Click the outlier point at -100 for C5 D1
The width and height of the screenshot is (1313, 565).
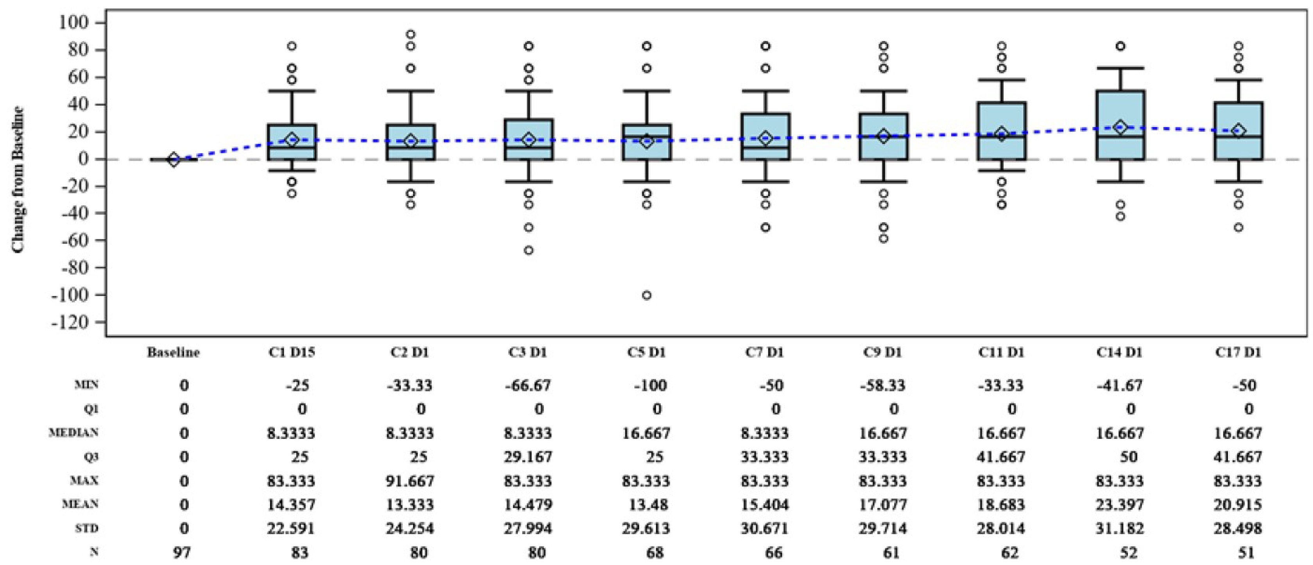(x=646, y=295)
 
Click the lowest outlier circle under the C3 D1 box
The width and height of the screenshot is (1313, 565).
(x=529, y=250)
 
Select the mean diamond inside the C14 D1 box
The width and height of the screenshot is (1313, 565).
(x=1120, y=127)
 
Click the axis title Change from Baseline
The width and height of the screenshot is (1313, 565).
(x=18, y=179)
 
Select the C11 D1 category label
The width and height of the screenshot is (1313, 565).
(x=1001, y=353)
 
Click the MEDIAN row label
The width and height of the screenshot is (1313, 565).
(x=73, y=433)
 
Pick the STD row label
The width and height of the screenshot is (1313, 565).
(x=87, y=528)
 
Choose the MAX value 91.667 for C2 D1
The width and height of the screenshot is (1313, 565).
(x=410, y=481)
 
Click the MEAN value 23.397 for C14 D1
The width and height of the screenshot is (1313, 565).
(x=1120, y=505)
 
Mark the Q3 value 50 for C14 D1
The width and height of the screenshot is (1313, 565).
(x=1128, y=457)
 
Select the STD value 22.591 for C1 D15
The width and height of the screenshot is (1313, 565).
(x=291, y=528)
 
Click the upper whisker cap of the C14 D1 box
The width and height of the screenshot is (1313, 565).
(x=1120, y=68)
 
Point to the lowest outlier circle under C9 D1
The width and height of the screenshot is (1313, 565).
(x=883, y=239)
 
